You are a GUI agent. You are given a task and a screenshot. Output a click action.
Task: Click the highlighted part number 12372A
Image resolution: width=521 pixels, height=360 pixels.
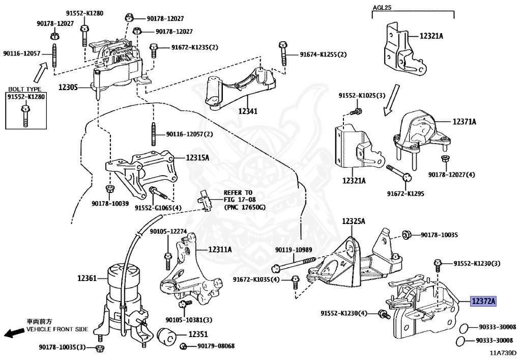tap(483, 301)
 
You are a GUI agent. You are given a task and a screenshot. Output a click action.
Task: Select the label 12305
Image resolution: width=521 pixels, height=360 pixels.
tap(68, 88)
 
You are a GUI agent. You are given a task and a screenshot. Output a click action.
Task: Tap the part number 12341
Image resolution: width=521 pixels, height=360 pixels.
tap(248, 112)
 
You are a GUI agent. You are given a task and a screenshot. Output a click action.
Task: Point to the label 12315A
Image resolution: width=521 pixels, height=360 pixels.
tap(197, 157)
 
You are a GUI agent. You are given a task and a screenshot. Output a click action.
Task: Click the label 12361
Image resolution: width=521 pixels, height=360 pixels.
tap(87, 278)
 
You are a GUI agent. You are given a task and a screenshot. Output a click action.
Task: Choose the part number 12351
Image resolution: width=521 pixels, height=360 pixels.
tap(198, 334)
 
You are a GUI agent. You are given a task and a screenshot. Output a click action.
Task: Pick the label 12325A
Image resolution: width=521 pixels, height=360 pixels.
tap(354, 221)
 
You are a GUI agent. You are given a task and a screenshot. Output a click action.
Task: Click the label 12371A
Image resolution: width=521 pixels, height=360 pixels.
tap(465, 122)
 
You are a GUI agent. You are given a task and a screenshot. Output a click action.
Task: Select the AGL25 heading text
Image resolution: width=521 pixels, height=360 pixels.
tap(382, 7)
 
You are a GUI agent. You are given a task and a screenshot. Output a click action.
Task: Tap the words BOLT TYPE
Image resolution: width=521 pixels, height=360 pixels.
tap(25, 89)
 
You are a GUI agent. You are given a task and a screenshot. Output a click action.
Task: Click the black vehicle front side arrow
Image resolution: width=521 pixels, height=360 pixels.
tap(14, 333)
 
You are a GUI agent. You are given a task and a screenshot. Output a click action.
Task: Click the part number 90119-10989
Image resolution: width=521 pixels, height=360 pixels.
tap(294, 250)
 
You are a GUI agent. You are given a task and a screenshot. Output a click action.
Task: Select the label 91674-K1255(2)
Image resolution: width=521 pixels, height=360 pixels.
tap(323, 54)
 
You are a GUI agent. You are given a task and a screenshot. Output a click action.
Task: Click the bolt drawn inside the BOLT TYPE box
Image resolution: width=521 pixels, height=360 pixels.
tap(24, 116)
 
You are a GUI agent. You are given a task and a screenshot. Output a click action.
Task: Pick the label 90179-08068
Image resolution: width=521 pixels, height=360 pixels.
tap(216, 346)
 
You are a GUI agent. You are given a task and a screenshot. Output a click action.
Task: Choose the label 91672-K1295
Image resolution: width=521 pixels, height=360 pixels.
tap(406, 193)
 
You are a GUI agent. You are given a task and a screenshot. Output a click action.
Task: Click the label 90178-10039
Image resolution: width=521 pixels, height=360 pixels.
tap(110, 203)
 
